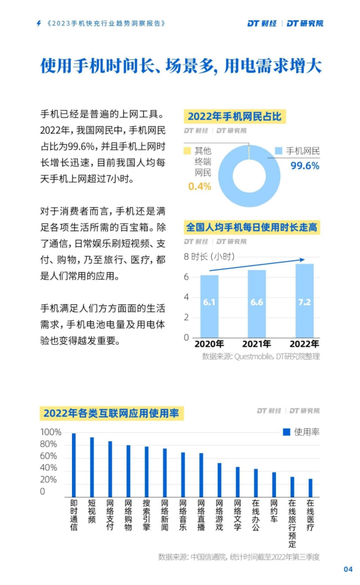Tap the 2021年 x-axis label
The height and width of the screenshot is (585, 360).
256,344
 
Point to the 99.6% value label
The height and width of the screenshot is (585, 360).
305,166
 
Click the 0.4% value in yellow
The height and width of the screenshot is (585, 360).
199,187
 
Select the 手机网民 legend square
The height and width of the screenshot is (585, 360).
279,151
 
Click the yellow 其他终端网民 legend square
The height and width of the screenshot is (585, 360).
187,151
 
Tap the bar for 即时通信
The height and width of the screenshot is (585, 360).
74,465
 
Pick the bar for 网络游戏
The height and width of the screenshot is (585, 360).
219,480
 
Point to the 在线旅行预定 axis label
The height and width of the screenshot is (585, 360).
292,523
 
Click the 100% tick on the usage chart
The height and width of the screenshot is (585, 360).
51,432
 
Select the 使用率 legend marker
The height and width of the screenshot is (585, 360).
286,432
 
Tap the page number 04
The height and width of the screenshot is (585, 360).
348,569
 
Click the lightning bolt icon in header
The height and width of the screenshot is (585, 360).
39,23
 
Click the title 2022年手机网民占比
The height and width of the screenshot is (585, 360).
235,116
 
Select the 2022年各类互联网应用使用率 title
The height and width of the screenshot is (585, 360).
111,413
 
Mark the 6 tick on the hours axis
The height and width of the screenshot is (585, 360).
186,277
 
